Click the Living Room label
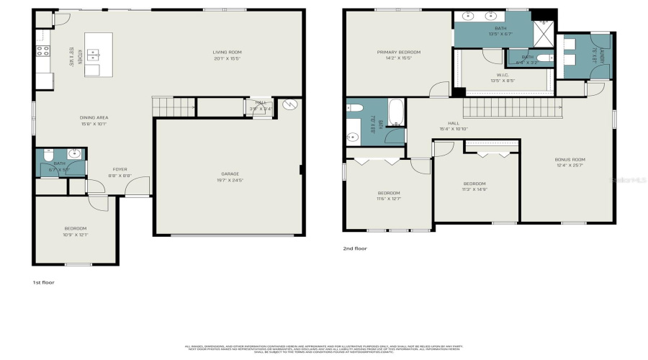(226, 54)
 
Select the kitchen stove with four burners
(42, 50)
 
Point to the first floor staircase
(174, 107)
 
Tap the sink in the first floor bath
(75, 153)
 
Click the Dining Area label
(94, 120)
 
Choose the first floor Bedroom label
(75, 230)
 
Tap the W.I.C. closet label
(503, 77)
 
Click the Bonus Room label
(570, 162)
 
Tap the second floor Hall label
(454, 125)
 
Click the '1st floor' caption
(44, 283)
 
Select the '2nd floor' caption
(355, 248)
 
